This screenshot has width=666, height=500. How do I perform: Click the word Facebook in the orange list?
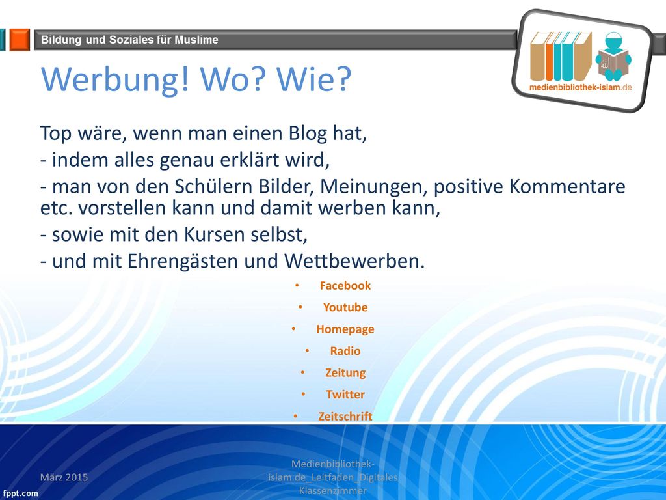[x=345, y=285]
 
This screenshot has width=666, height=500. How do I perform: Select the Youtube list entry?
[x=345, y=307]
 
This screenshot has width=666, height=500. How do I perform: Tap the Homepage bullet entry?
[x=345, y=329]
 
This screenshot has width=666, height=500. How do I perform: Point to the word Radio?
[x=345, y=351]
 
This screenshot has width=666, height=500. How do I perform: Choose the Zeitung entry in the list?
[x=345, y=373]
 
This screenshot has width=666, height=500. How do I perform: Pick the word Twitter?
[x=345, y=395]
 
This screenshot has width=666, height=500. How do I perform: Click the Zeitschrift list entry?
[x=345, y=416]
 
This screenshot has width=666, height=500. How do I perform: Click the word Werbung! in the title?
[x=114, y=79]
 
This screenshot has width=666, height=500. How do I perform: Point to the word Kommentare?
[x=567, y=186]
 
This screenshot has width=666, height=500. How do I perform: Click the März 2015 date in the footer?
[x=64, y=477]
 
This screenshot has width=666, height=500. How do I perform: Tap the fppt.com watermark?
[x=20, y=493]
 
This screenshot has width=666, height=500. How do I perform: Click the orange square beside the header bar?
[x=20, y=40]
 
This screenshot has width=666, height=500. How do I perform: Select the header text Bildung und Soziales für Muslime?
[x=129, y=40]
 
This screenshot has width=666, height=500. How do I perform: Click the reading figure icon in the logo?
[x=613, y=57]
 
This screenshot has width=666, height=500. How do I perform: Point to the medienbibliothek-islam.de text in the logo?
[x=580, y=88]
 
